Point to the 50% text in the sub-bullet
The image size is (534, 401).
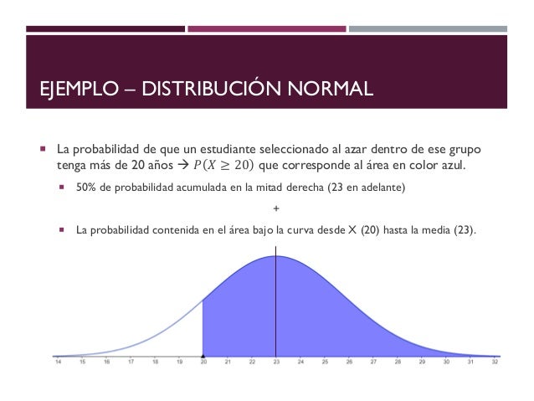(85, 189)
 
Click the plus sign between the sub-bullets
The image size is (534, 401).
(276, 208)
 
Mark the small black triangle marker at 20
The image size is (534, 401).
(203, 356)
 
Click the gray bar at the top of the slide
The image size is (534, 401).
(429, 28)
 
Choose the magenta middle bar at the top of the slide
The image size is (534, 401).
(265, 28)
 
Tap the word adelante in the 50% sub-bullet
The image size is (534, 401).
(383, 189)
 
